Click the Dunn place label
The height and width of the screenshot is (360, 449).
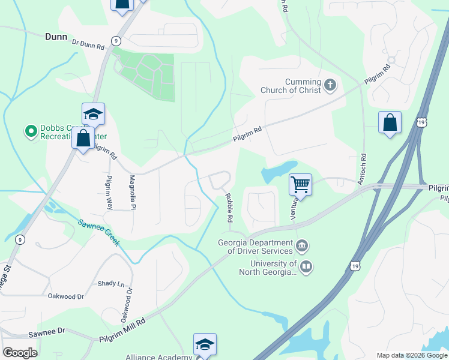[56, 37]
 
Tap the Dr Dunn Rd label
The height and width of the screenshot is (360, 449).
[88, 43]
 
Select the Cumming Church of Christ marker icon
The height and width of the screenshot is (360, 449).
[330, 85]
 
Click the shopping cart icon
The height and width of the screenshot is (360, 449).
[300, 184]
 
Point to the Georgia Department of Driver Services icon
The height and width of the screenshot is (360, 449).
[303, 246]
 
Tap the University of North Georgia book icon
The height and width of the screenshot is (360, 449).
[306, 266]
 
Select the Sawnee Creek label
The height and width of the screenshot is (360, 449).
[98, 232]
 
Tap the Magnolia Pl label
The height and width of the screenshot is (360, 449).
[133, 192]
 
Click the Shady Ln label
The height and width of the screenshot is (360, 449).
[111, 283]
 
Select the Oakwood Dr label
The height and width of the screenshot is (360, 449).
[67, 296]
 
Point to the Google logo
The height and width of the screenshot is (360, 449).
[20, 353]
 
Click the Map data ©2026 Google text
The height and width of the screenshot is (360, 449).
[411, 355]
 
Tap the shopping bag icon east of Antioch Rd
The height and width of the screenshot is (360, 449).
[390, 122]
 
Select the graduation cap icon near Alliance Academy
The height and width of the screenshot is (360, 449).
[205, 344]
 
